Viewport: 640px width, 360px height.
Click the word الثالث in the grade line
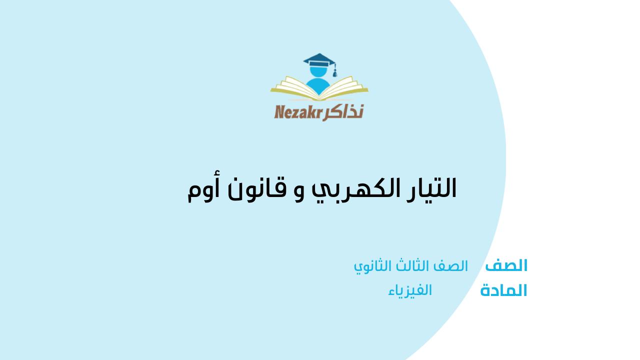(410, 266)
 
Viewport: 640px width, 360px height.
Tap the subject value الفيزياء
(409, 290)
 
